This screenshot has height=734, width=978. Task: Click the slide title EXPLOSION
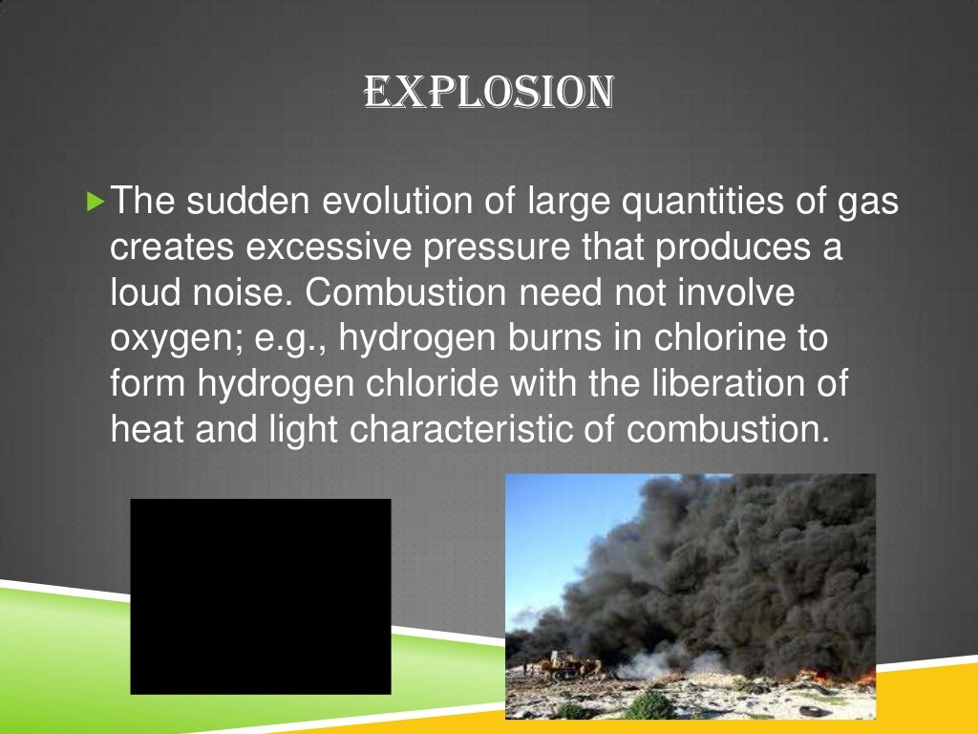(x=488, y=93)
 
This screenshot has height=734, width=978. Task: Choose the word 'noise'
(x=239, y=293)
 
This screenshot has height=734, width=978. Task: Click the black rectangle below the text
(x=261, y=595)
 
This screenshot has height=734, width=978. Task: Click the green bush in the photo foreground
(x=649, y=705)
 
